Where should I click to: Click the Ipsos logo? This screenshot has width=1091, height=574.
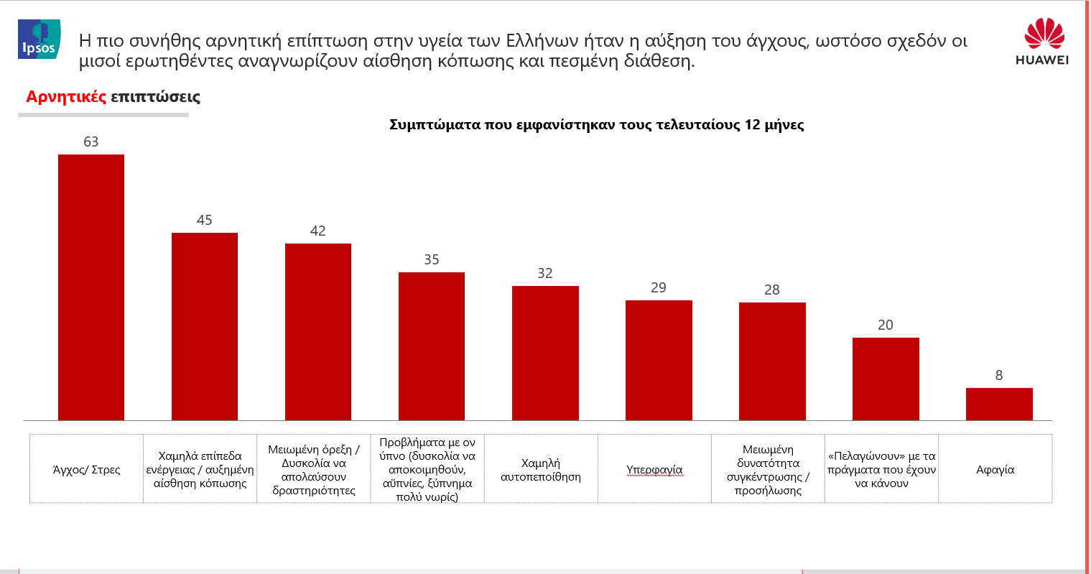pyautogui.click(x=39, y=39)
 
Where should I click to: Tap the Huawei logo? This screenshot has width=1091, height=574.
pyautogui.click(x=1042, y=41)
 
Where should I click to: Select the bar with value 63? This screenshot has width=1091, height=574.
pyautogui.click(x=91, y=287)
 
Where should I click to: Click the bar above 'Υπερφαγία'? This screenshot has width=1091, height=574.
pyautogui.click(x=659, y=360)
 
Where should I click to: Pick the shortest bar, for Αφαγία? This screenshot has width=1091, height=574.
pyautogui.click(x=999, y=404)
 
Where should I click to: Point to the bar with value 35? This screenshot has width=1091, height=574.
pyautogui.click(x=432, y=346)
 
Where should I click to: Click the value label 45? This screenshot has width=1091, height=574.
pyautogui.click(x=204, y=221)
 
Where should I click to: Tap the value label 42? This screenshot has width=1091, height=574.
pyautogui.click(x=317, y=231)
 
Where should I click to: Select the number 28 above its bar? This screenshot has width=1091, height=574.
pyautogui.click(x=772, y=290)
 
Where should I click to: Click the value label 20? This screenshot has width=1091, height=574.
pyautogui.click(x=886, y=325)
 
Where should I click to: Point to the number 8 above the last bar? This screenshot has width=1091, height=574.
pyautogui.click(x=999, y=375)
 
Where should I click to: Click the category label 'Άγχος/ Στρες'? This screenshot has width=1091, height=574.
pyautogui.click(x=86, y=470)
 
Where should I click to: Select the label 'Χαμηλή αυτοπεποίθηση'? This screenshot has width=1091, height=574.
pyautogui.click(x=541, y=470)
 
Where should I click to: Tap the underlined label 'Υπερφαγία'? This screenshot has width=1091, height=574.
pyautogui.click(x=654, y=470)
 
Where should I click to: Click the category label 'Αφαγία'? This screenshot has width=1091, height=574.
pyautogui.click(x=995, y=470)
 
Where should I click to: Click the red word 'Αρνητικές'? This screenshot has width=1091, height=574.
pyautogui.click(x=66, y=96)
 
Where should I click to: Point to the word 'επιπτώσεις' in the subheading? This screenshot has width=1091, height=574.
pyautogui.click(x=155, y=97)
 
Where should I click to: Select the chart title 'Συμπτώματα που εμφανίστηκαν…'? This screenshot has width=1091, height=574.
pyautogui.click(x=596, y=125)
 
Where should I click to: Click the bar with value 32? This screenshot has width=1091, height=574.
pyautogui.click(x=545, y=353)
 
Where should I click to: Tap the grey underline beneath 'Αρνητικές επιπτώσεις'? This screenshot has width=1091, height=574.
pyautogui.click(x=103, y=115)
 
